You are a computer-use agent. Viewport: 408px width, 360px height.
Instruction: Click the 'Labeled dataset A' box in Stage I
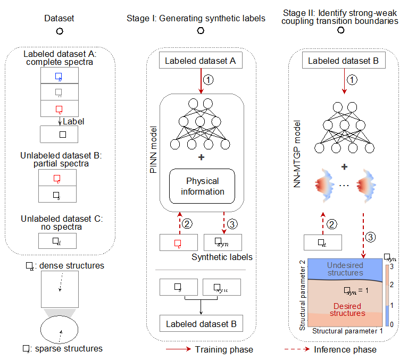[x=200, y=61]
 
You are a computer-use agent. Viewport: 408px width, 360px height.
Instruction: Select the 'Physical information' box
[x=202, y=186]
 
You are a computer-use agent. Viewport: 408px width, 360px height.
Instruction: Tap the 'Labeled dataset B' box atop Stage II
[x=343, y=61]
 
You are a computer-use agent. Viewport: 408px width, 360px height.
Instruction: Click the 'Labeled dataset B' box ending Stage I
[x=200, y=323]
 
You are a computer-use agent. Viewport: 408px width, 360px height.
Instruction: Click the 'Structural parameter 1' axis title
[x=347, y=331]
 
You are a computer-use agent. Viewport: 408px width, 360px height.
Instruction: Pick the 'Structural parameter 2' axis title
[x=303, y=295]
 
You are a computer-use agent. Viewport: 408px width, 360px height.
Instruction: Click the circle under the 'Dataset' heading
[x=60, y=31]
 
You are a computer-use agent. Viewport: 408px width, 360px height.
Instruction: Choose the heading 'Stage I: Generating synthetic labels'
[x=196, y=18]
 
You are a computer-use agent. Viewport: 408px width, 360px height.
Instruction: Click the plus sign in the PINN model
[x=201, y=157]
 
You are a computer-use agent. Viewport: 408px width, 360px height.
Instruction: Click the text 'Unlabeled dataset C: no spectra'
[x=59, y=223]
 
